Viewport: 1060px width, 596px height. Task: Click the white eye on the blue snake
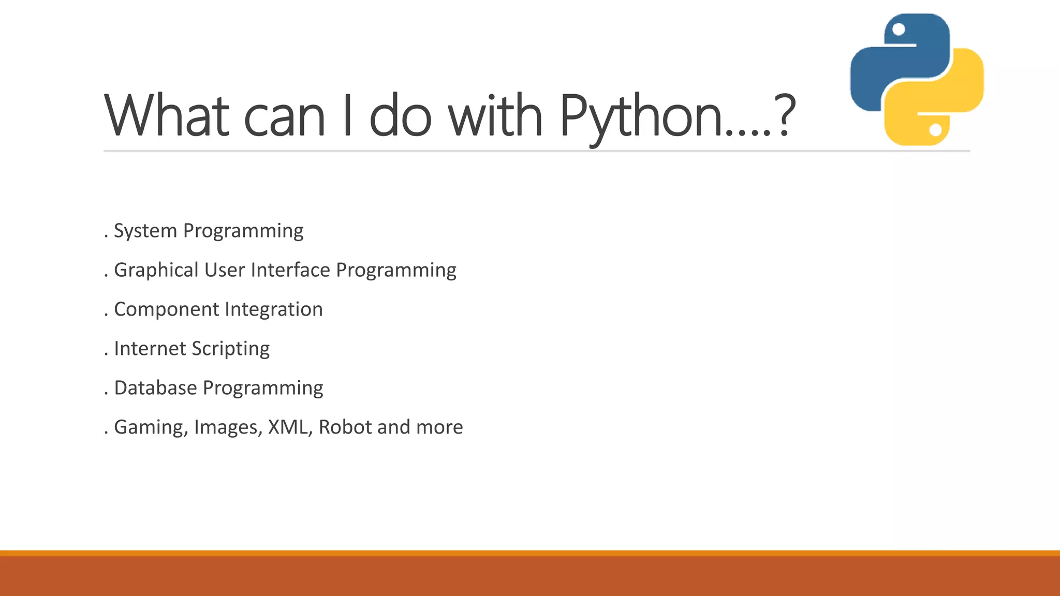[899, 29]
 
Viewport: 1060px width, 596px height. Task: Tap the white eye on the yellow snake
[935, 129]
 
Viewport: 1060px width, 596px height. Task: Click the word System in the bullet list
[145, 231]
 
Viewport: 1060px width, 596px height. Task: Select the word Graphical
[156, 270]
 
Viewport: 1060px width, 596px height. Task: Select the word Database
[155, 388]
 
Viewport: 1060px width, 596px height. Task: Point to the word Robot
[345, 427]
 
